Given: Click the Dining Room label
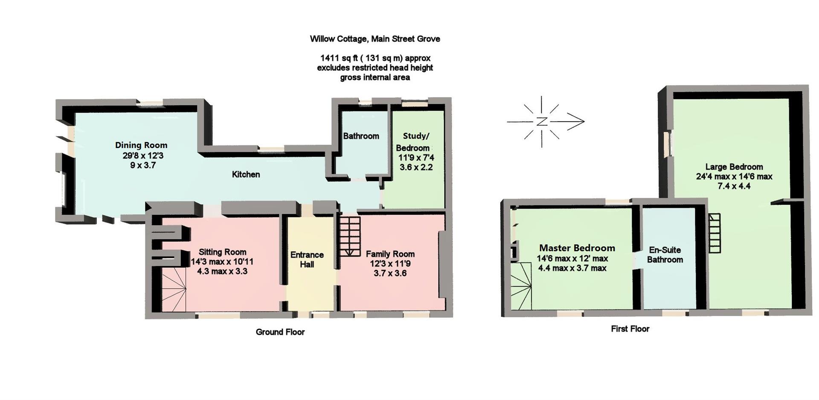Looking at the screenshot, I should (x=141, y=145).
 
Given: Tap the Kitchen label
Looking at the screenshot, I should (x=246, y=174).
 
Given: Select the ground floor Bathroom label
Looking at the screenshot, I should (x=361, y=136).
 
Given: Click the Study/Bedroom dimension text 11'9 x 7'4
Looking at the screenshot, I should (x=416, y=158).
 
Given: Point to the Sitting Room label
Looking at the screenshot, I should (x=222, y=252).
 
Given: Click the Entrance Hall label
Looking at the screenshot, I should (x=307, y=259).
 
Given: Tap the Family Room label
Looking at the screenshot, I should (x=390, y=254).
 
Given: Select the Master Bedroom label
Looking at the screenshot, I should (x=577, y=248).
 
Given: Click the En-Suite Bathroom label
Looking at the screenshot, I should (x=665, y=255).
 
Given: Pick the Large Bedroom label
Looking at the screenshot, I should (x=734, y=167).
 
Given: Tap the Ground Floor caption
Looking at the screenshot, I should (x=280, y=332).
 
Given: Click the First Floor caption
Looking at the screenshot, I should (x=630, y=329).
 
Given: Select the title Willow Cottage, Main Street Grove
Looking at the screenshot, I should (x=375, y=39).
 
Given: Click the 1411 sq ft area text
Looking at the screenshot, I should (x=375, y=58).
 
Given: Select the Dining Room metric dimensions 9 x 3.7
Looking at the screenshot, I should (x=143, y=165).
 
